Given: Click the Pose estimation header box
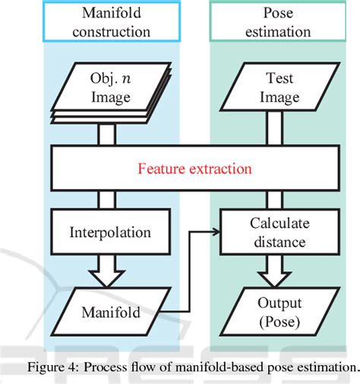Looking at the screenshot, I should [271, 24].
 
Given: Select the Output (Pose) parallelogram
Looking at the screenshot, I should [270, 310].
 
